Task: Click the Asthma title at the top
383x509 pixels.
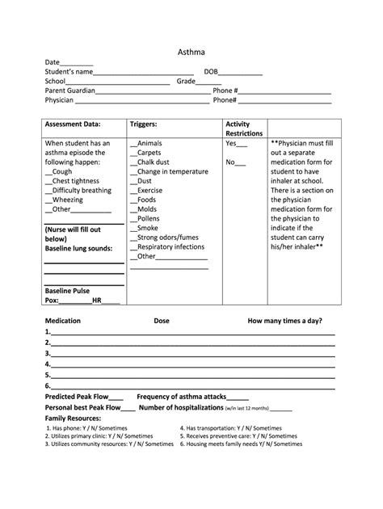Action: click(191, 53)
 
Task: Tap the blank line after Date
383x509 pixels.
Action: click(77, 63)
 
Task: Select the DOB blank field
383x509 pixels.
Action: click(241, 73)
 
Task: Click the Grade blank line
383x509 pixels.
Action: click(208, 82)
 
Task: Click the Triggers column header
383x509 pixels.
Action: click(143, 125)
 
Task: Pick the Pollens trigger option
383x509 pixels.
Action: click(149, 219)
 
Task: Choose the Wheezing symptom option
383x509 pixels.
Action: click(66, 200)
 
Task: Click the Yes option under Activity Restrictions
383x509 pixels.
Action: click(235, 143)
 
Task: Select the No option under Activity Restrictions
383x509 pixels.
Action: click(234, 162)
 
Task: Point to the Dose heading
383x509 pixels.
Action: click(162, 321)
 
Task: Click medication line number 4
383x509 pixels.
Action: click(194, 364)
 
